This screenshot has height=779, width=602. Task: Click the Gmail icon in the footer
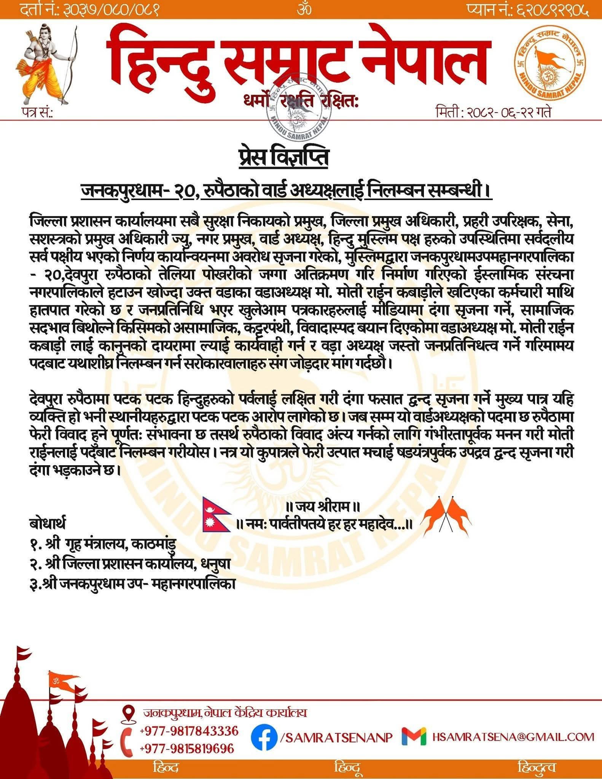[x=414, y=737]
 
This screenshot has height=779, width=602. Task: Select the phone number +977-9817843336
[x=189, y=731]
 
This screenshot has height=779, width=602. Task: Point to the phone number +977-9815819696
[x=187, y=749]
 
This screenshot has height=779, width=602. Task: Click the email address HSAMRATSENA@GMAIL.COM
[x=513, y=737]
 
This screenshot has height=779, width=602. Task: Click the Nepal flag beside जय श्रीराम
[x=215, y=514]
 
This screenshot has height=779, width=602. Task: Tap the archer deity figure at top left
[x=48, y=63]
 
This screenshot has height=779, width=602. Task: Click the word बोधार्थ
[x=47, y=523]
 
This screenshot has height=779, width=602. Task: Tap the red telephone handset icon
[x=127, y=740]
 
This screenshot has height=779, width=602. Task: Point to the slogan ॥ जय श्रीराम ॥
[x=323, y=507]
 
